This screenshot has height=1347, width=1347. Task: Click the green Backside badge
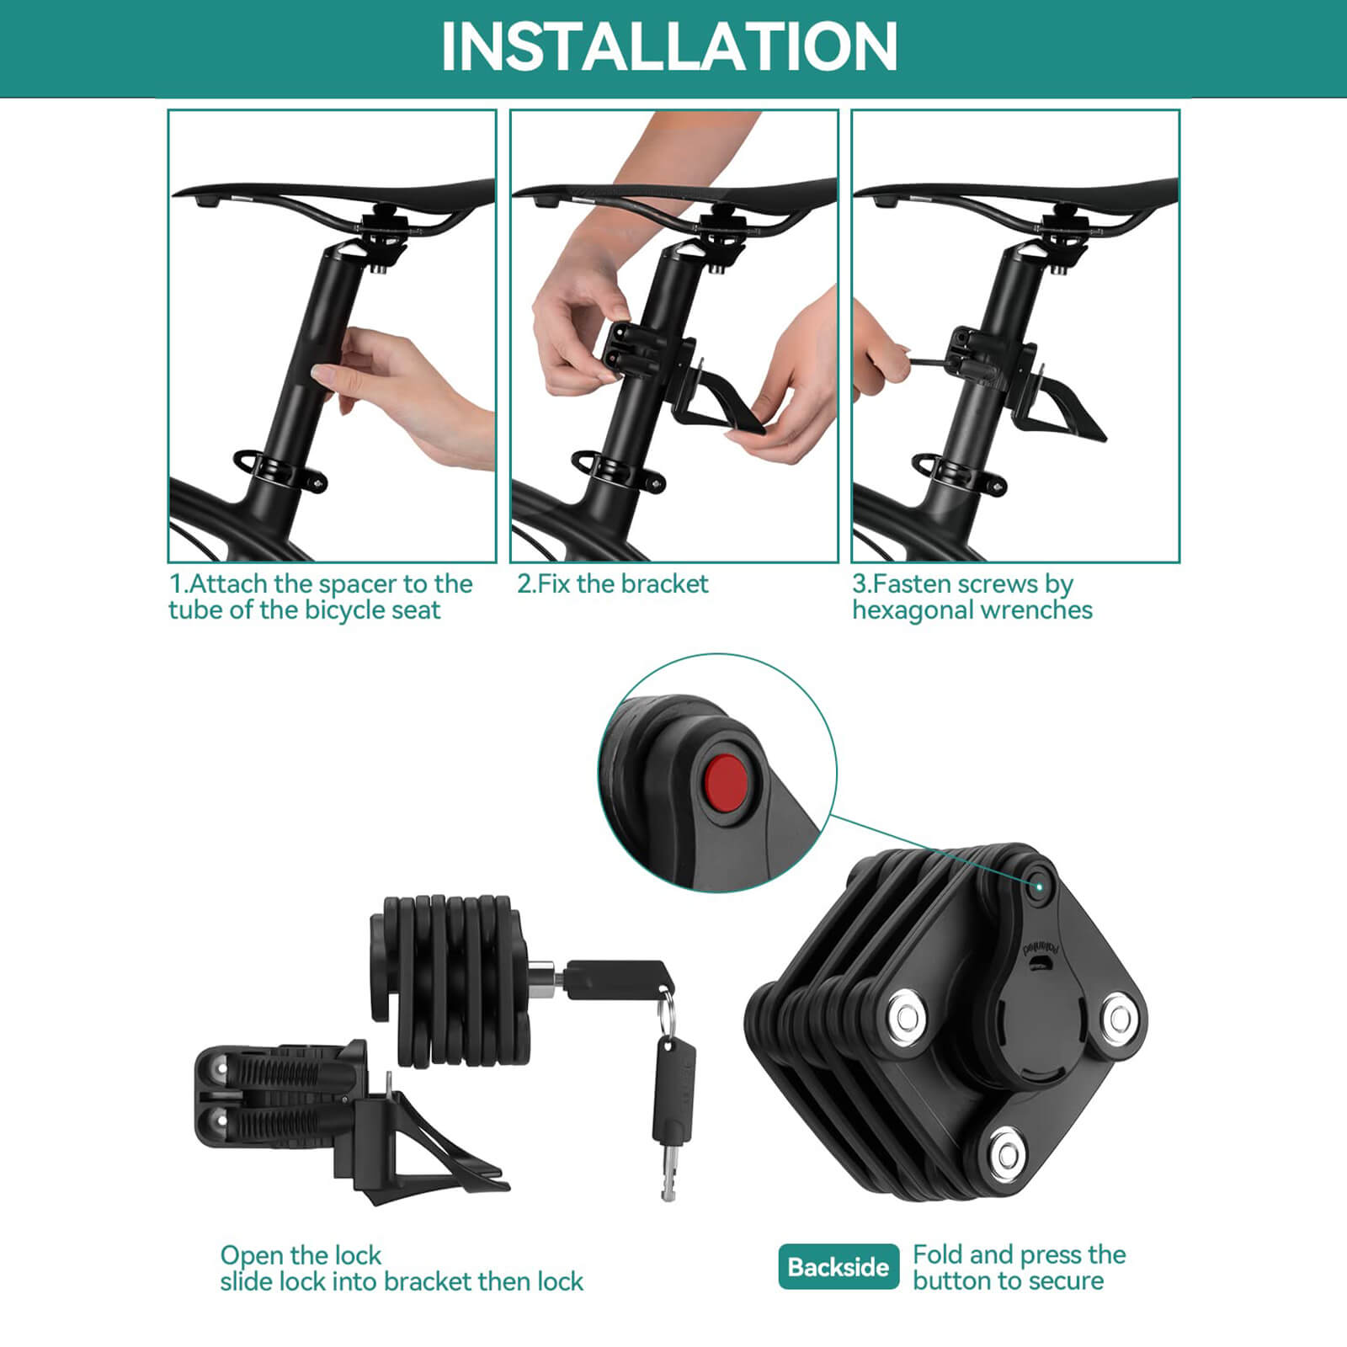pyautogui.click(x=838, y=1266)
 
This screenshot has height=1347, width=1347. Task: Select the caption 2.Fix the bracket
pyautogui.click(x=613, y=583)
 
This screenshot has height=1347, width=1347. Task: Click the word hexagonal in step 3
pyautogui.click(x=915, y=610)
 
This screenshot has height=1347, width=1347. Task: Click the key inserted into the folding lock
pyautogui.click(x=619, y=979)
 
